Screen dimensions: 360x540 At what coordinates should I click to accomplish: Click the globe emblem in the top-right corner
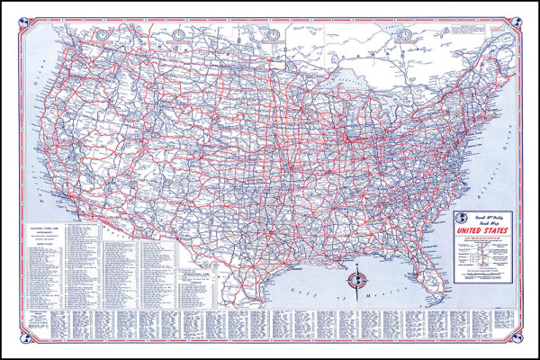tap(516, 26)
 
